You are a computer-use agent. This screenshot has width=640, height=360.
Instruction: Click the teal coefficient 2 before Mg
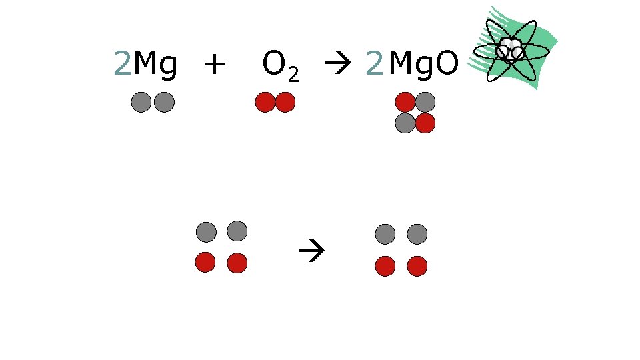point(122,65)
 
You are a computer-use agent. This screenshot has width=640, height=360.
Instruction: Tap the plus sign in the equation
point(215,65)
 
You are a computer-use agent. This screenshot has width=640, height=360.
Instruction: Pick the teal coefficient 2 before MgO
point(375,65)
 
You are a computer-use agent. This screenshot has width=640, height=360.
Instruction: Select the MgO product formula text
point(423,65)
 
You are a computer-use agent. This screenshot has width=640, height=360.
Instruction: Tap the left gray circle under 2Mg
point(141,102)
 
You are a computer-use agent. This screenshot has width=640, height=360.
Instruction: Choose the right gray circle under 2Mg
point(164,102)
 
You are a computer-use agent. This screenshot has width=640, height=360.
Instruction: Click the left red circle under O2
point(265,102)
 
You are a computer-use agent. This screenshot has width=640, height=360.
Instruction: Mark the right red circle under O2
point(285,102)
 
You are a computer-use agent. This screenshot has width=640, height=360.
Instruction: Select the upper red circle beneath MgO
point(405,102)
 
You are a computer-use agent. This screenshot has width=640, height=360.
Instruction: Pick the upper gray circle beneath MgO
point(425,102)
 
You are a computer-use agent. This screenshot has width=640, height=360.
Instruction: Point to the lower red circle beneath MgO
point(425,123)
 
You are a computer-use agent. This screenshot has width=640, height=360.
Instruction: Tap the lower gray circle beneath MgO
point(405,123)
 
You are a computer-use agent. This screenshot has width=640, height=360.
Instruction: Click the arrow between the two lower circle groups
point(310,252)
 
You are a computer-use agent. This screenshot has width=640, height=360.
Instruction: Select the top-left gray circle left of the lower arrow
point(207,232)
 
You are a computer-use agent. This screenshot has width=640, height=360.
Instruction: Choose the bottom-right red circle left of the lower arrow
point(237,263)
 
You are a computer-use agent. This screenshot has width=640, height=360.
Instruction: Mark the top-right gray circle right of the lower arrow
point(417,234)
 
